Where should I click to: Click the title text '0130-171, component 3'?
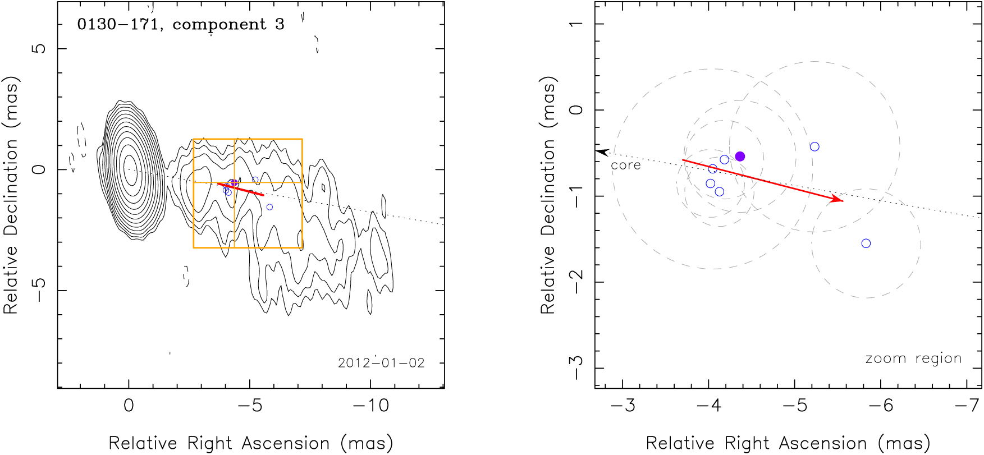pyautogui.click(x=181, y=25)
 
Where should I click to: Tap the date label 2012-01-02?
pyautogui.click(x=381, y=363)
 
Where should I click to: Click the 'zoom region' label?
pyautogui.click(x=913, y=359)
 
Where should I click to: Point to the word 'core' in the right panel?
pyautogui.click(x=625, y=166)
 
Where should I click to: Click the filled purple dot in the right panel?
pyautogui.click(x=740, y=157)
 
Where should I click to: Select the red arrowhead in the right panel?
pyautogui.click(x=838, y=199)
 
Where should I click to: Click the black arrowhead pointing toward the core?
pyautogui.click(x=602, y=152)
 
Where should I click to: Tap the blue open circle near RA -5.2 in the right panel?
pyautogui.click(x=814, y=147)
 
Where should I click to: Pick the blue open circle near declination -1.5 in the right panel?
pyautogui.click(x=866, y=243)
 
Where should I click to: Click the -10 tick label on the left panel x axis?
pyautogui.click(x=370, y=406)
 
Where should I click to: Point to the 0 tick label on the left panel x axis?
pyautogui.click(x=129, y=406)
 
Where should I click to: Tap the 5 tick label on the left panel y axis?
pyautogui.click(x=39, y=48)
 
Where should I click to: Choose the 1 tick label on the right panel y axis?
pyautogui.click(x=576, y=24)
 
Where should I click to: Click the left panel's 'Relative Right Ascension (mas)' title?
pyautogui.click(x=250, y=443)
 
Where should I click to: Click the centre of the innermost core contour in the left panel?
pyautogui.click(x=130, y=171)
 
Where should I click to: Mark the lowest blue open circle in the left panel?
pyautogui.click(x=269, y=207)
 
